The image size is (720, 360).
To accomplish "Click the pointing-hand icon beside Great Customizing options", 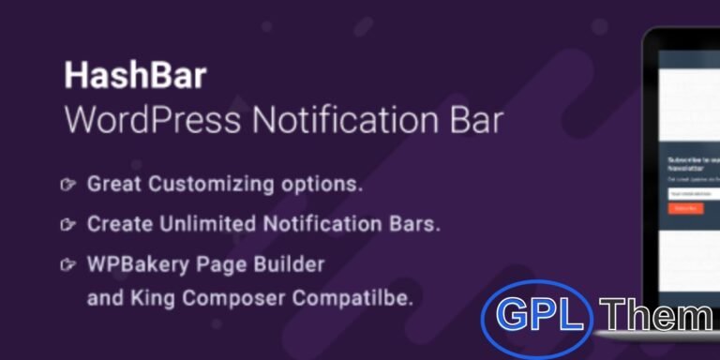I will (x=67, y=185).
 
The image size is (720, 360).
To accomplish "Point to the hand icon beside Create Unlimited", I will (x=67, y=225).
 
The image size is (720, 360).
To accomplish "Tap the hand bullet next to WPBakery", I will (x=67, y=265).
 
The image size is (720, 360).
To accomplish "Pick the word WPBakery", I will (x=135, y=265).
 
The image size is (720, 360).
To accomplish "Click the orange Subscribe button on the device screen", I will (x=685, y=209).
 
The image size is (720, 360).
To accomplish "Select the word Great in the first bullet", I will (x=113, y=185).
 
